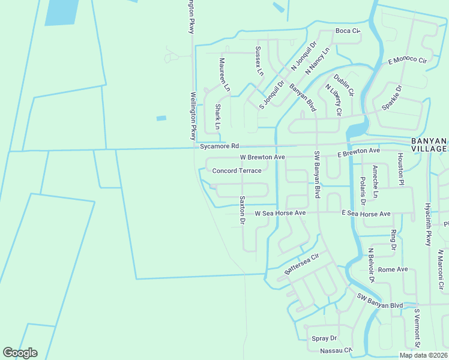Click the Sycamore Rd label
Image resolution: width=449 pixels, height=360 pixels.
coord(219,146)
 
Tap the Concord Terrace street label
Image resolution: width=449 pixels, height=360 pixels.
coord(237,171)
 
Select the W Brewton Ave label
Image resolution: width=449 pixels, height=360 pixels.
coord(262,157)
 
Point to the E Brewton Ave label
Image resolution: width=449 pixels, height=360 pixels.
coord(359,152)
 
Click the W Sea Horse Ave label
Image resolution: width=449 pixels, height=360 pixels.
coord(280,213)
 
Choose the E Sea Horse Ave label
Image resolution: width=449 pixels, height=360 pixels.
coord(366,214)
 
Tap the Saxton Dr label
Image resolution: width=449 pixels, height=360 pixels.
coord(243,210)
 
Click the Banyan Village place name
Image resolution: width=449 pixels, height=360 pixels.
coord(429,145)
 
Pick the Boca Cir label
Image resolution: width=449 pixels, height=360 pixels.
coord(347,31)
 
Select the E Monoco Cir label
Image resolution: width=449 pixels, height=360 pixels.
coord(407,61)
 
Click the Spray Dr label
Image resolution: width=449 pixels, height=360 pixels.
coord(324,338)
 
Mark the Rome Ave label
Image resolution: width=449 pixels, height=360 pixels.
coord(393,269)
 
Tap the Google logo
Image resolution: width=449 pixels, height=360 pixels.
coord(20,353)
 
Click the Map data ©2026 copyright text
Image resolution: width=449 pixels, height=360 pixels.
coord(423,355)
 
